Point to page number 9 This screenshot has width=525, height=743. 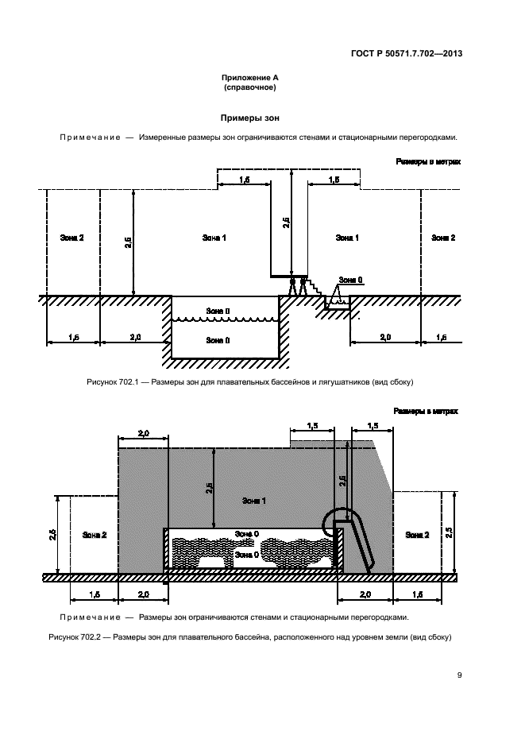[459, 675]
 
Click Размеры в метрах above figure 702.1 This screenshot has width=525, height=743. [429, 161]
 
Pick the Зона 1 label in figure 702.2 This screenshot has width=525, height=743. [253, 501]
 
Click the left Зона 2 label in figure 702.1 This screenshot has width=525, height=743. [71, 238]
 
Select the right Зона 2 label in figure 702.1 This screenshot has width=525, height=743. [443, 238]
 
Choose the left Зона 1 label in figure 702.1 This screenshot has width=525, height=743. [214, 238]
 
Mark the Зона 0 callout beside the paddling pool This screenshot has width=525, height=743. [350, 280]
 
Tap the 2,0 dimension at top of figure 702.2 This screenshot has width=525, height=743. [144, 433]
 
